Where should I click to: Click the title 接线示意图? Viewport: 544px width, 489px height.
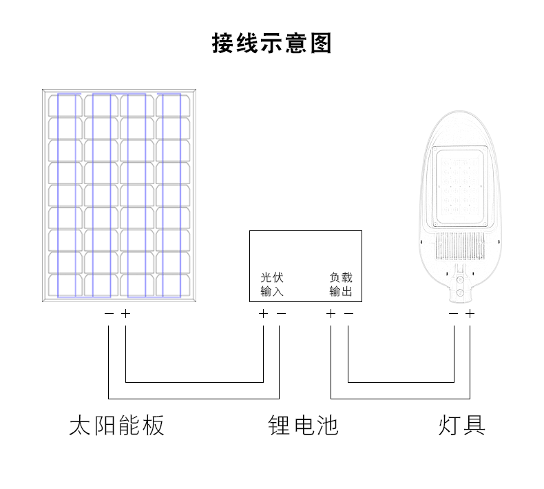pyautogui.click(x=271, y=43)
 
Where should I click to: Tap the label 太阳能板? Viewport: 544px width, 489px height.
pyautogui.click(x=116, y=425)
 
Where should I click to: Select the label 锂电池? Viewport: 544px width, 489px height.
pyautogui.click(x=303, y=425)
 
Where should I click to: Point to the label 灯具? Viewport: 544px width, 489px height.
pyautogui.click(x=462, y=425)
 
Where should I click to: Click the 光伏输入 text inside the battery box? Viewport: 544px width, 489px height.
pyautogui.click(x=272, y=284)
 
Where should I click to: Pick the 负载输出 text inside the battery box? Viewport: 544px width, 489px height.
pyautogui.click(x=341, y=284)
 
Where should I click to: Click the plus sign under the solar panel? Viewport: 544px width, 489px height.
pyautogui.click(x=125, y=314)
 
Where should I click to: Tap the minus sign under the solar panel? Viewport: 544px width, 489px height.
pyautogui.click(x=109, y=314)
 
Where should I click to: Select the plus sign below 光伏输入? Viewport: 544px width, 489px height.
pyautogui.click(x=263, y=314)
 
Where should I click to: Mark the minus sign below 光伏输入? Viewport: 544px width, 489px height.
pyautogui.click(x=282, y=314)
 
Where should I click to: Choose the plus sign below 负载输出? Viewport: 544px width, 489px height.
pyautogui.click(x=331, y=314)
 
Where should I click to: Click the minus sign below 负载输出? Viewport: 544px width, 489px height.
pyautogui.click(x=348, y=314)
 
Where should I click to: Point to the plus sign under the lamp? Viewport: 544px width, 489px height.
pyautogui.click(x=470, y=314)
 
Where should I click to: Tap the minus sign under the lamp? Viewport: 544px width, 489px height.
pyautogui.click(x=454, y=314)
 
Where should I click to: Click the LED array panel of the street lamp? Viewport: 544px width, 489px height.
pyautogui.click(x=460, y=187)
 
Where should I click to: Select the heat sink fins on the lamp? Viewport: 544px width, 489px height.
pyautogui.click(x=460, y=246)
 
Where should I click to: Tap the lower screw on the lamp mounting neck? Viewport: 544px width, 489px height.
pyautogui.click(x=461, y=292)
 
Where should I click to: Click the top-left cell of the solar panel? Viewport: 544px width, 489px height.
pyautogui.click(x=65, y=106)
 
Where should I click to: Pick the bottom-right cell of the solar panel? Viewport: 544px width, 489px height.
pyautogui.click(x=173, y=286)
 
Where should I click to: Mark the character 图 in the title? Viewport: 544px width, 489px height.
pyautogui.click(x=321, y=43)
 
